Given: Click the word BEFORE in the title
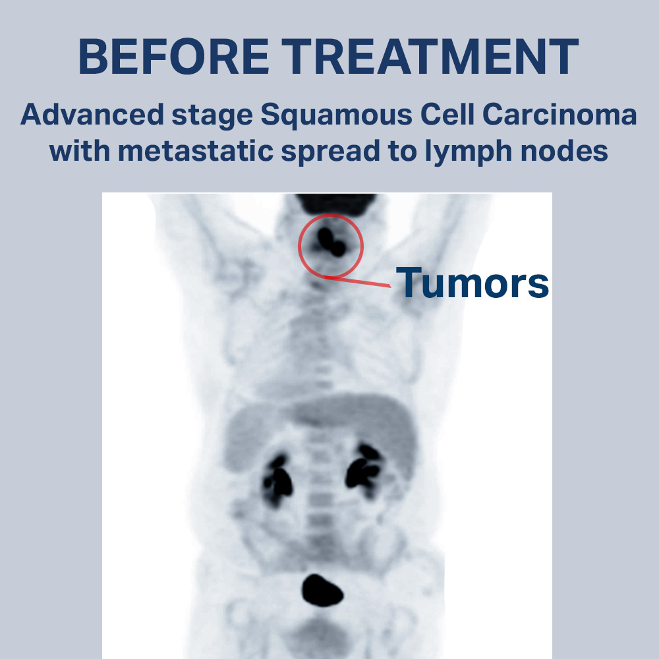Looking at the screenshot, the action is pyautogui.click(x=173, y=56).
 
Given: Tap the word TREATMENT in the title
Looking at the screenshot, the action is pyautogui.click(x=430, y=56).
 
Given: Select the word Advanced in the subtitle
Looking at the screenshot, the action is pyautogui.click(x=92, y=114).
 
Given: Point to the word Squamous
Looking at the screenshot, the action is pyautogui.click(x=336, y=115).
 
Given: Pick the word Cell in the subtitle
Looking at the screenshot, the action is pyautogui.click(x=447, y=114).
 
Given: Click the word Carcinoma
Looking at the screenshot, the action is pyautogui.click(x=559, y=114).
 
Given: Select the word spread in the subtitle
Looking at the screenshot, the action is pyautogui.click(x=330, y=153).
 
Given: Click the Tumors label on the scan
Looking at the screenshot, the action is pyautogui.click(x=473, y=283).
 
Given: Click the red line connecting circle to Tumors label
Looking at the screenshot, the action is pyautogui.click(x=358, y=281).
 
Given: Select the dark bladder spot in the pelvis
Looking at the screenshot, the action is pyautogui.click(x=322, y=590).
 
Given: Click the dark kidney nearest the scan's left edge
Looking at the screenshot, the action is pyautogui.click(x=277, y=480).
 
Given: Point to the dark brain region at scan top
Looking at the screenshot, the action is pyautogui.click(x=335, y=204).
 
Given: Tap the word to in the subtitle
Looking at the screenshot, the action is pyautogui.click(x=402, y=152).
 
